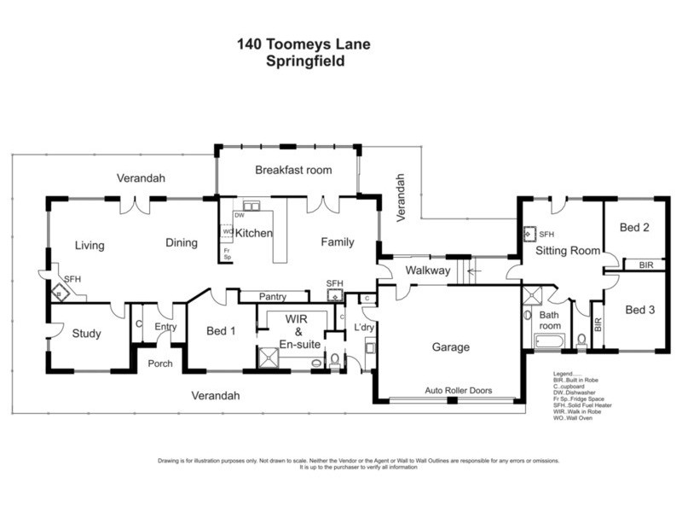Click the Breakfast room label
pyautogui.click(x=293, y=171)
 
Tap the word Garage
pyautogui.click(x=449, y=347)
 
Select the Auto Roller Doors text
pyautogui.click(x=458, y=390)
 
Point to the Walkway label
pyautogui.click(x=427, y=271)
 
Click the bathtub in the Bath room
pyautogui.click(x=550, y=342)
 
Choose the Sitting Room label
pyautogui.click(x=567, y=250)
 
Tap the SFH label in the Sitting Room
pyautogui.click(x=546, y=233)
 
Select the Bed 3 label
pyautogui.click(x=639, y=310)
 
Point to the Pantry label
pyautogui.click(x=273, y=297)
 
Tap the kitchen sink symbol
pyautogui.click(x=251, y=206)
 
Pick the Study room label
pyautogui.click(x=87, y=334)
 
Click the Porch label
pyautogui.click(x=159, y=364)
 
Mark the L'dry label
pyautogui.click(x=365, y=329)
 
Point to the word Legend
pyautogui.click(x=567, y=374)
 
